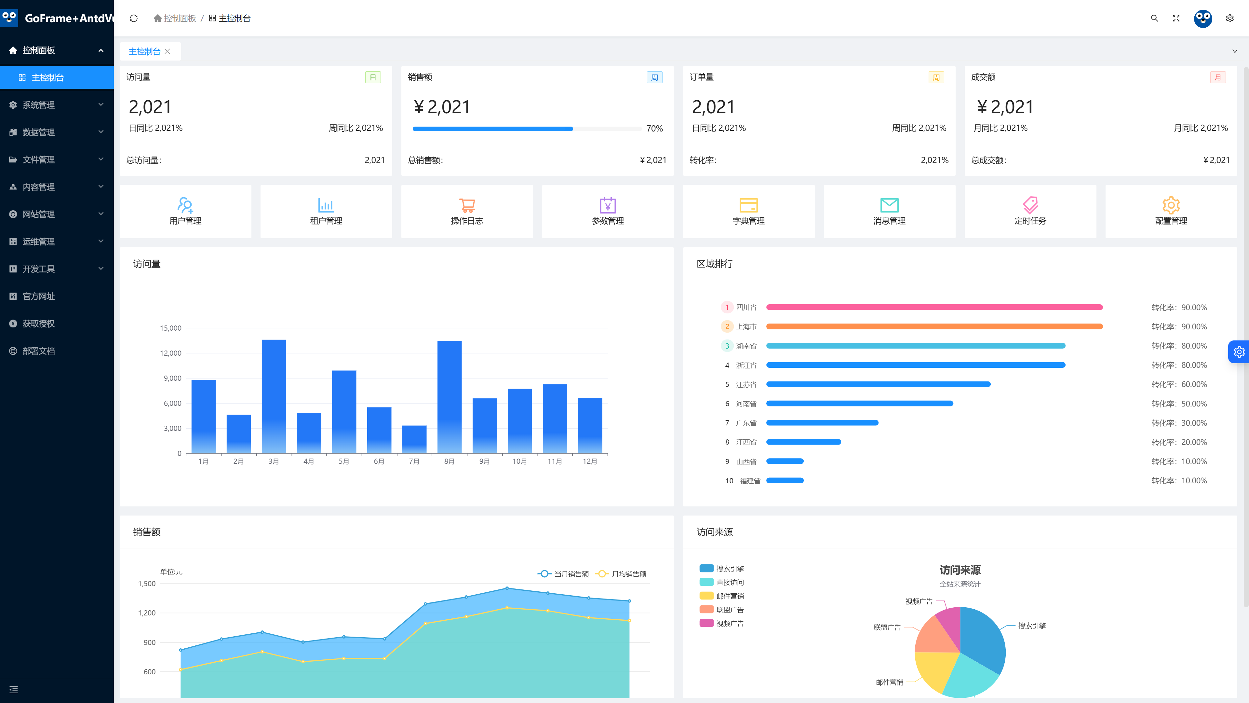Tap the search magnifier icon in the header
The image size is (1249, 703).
(x=1154, y=19)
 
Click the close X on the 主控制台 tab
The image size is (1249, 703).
(x=167, y=51)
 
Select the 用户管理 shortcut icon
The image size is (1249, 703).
(x=185, y=205)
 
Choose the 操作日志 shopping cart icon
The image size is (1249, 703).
(x=467, y=205)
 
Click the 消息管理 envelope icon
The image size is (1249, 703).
(x=889, y=205)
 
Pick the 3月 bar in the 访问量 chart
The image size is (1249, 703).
(x=274, y=396)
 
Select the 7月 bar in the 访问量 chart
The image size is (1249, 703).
(x=415, y=439)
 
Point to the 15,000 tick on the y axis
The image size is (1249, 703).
(x=171, y=328)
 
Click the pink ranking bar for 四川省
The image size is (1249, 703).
(x=934, y=307)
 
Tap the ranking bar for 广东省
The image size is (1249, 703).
(x=822, y=422)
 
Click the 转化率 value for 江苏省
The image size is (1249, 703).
(x=1179, y=384)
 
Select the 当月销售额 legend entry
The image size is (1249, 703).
(x=563, y=574)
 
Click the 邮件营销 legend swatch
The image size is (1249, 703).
(x=706, y=596)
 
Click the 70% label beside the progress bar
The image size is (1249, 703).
(x=654, y=129)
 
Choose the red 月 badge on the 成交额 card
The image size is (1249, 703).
(x=1217, y=78)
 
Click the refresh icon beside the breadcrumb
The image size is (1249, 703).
(x=134, y=19)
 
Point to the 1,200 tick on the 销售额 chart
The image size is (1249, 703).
(x=147, y=613)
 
